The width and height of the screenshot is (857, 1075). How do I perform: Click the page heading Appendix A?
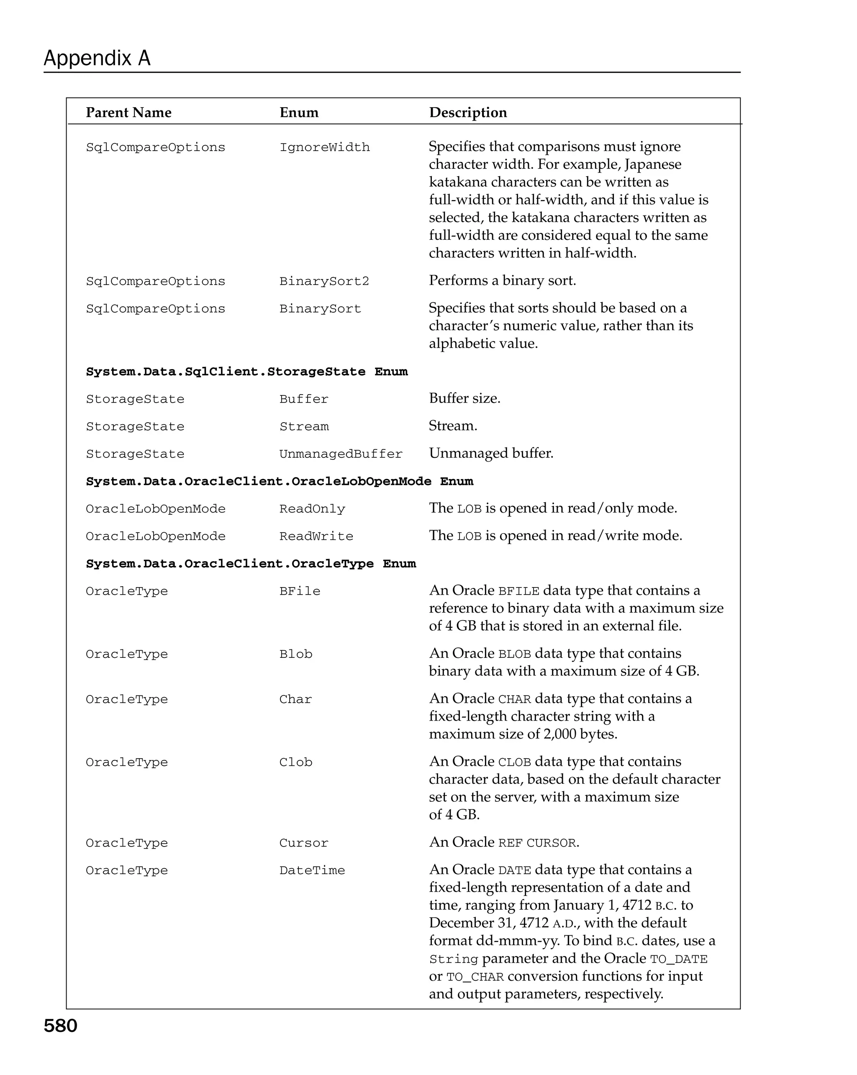pyautogui.click(x=97, y=58)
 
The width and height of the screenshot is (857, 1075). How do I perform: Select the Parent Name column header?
pyautogui.click(x=128, y=113)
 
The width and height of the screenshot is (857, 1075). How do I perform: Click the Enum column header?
pyautogui.click(x=299, y=113)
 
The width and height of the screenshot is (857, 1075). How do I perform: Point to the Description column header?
pyautogui.click(x=468, y=113)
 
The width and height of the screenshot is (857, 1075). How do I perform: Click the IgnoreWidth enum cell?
pyautogui.click(x=325, y=148)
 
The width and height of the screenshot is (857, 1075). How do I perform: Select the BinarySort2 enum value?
pyautogui.click(x=324, y=281)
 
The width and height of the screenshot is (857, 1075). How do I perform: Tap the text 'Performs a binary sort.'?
pyautogui.click(x=502, y=281)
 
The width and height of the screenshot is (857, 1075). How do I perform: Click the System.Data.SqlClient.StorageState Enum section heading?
pyautogui.click(x=247, y=372)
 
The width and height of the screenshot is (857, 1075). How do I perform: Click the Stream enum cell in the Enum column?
pyautogui.click(x=304, y=426)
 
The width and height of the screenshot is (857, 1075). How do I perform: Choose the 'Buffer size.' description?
pyautogui.click(x=464, y=398)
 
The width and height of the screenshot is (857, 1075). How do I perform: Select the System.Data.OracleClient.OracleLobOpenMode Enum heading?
pyautogui.click(x=279, y=481)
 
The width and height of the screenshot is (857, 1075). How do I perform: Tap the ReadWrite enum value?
pyautogui.click(x=316, y=536)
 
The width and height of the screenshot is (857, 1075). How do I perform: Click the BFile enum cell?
pyautogui.click(x=300, y=591)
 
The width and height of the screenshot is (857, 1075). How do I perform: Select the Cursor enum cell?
pyautogui.click(x=304, y=843)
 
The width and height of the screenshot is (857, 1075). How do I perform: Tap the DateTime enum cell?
pyautogui.click(x=312, y=870)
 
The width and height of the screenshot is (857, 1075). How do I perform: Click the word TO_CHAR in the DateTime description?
pyautogui.click(x=475, y=977)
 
